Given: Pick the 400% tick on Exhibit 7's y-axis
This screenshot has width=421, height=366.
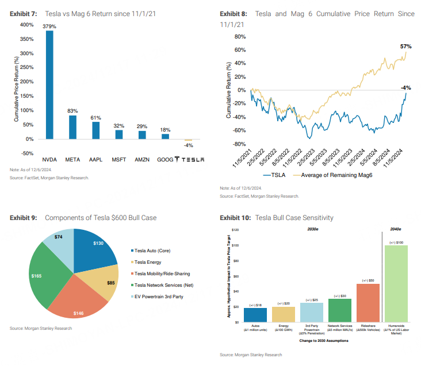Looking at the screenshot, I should (26, 25).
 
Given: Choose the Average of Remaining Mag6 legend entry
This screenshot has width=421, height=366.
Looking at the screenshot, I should (333, 175).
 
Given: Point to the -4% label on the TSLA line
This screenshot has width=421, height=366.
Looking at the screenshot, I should (407, 88).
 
